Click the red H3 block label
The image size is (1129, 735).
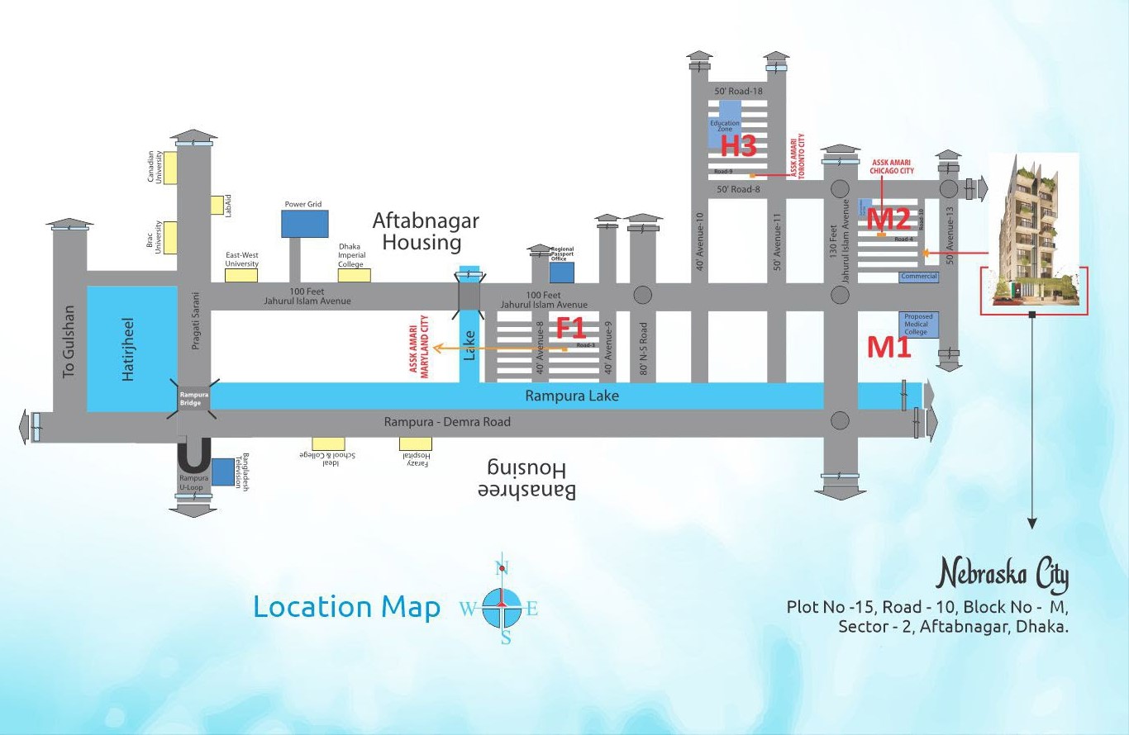738,146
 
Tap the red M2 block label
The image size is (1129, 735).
888,219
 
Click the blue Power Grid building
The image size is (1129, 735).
304,224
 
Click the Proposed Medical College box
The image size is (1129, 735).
917,325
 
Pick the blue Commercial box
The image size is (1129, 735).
919,277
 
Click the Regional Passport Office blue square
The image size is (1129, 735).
562,272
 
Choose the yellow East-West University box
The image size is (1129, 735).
241,275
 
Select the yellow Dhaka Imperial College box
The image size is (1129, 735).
355,275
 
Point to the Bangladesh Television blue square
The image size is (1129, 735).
222,472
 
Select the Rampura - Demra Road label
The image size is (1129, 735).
447,422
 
